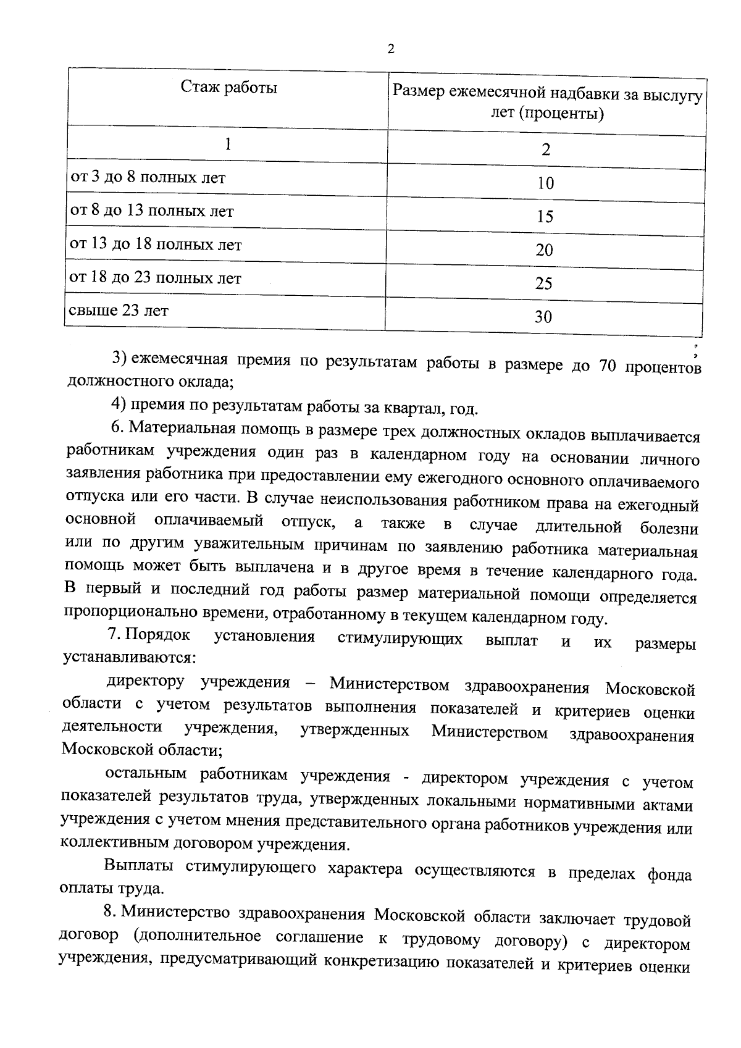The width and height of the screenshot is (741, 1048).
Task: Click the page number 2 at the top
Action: pos(390,49)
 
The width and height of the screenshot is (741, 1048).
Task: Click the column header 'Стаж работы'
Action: pos(228,88)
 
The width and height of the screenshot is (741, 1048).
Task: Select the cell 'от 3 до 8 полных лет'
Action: pos(148,178)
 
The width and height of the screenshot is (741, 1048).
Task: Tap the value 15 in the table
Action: pos(545,217)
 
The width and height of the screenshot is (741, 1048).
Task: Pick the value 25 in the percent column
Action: pos(543,283)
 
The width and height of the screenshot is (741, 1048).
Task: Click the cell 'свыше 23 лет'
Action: pos(119,311)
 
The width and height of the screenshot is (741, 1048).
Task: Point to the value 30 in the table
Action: pos(543,317)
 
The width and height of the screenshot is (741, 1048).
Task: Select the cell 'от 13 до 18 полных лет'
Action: pos(156,245)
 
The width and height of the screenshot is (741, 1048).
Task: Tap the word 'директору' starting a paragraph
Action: pos(145,682)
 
